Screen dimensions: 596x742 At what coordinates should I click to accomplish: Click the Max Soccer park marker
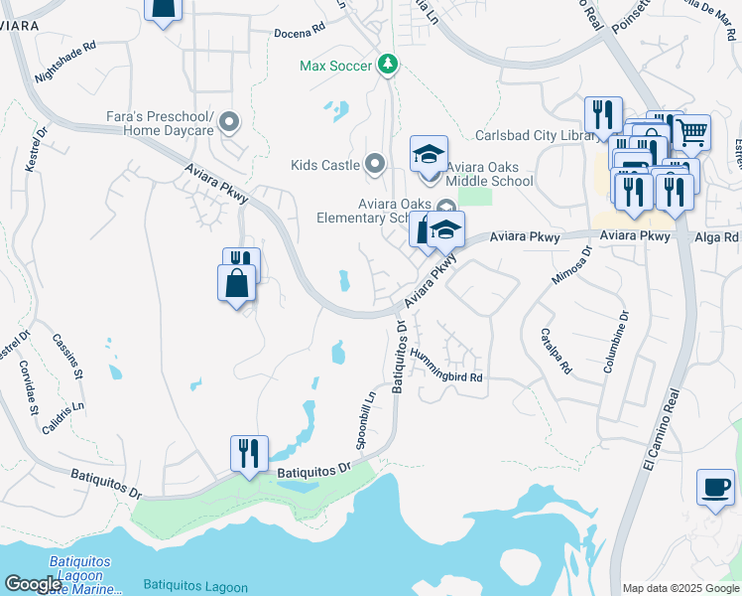[x=388, y=66]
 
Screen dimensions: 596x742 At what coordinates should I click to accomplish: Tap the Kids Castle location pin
[x=374, y=164]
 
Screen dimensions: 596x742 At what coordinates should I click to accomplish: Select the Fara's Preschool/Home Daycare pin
[x=229, y=123]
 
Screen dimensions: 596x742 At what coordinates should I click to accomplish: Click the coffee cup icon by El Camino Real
[x=715, y=488]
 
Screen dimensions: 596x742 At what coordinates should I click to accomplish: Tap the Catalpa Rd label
[x=556, y=351]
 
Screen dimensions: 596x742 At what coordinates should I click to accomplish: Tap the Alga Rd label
[x=716, y=237]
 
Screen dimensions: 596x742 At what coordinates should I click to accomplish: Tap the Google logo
[x=33, y=585]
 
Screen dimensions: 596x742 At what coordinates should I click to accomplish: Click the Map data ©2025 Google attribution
[x=680, y=588]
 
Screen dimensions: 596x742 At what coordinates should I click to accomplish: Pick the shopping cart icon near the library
[x=691, y=131]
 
